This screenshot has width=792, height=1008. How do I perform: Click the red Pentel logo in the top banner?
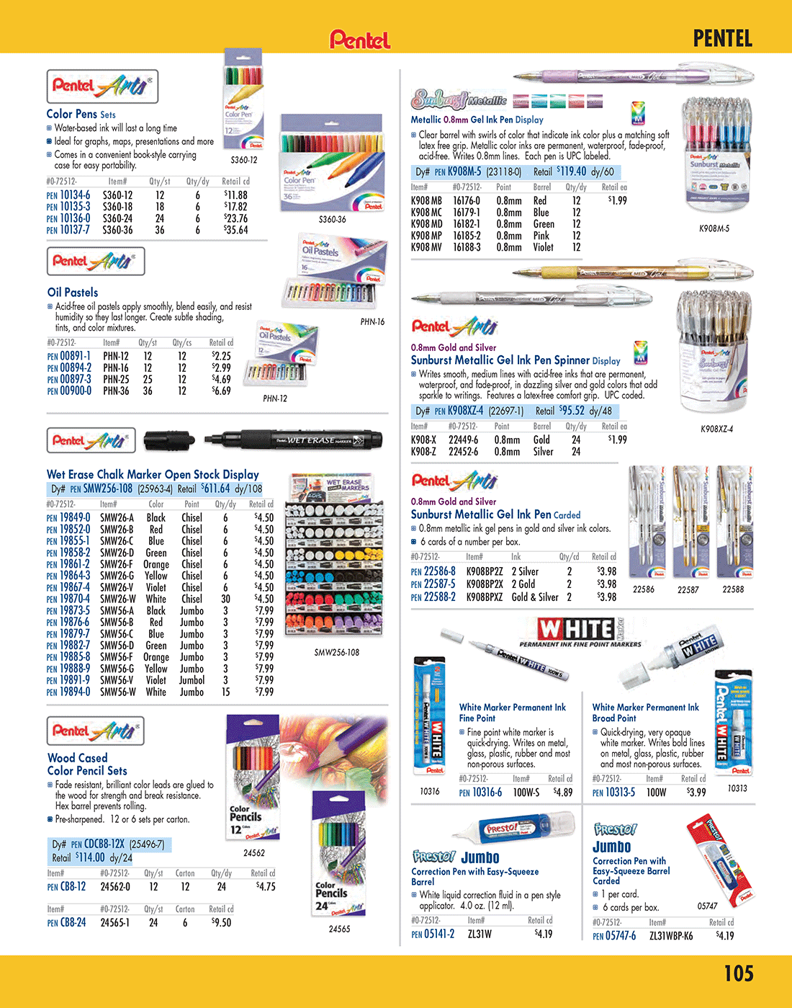click(x=360, y=39)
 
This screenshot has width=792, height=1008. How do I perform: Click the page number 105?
click(x=738, y=973)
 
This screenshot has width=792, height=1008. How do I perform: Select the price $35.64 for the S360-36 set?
click(x=236, y=231)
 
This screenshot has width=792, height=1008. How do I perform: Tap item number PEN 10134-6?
click(x=68, y=195)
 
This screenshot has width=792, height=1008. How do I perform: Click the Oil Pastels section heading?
click(x=73, y=293)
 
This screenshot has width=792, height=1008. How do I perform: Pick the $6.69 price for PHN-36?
click(x=221, y=391)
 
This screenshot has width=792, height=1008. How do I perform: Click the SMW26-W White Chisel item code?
click(x=117, y=599)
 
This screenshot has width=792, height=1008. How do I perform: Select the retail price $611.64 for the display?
click(x=215, y=489)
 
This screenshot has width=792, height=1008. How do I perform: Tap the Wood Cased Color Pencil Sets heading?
click(x=87, y=764)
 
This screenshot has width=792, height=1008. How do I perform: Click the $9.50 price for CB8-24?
click(x=222, y=922)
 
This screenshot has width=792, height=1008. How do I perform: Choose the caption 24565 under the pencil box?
click(x=339, y=929)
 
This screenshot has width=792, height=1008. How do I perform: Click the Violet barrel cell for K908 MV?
click(x=544, y=247)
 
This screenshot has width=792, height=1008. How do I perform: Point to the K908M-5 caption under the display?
click(x=714, y=228)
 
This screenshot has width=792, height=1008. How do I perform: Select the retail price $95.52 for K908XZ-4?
click(x=572, y=411)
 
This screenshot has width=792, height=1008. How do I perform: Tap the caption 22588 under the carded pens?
click(x=733, y=589)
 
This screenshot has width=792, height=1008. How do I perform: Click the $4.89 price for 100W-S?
click(x=563, y=792)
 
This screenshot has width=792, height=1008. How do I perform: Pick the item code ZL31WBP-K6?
click(x=671, y=936)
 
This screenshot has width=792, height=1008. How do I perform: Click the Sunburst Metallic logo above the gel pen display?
click(x=459, y=100)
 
